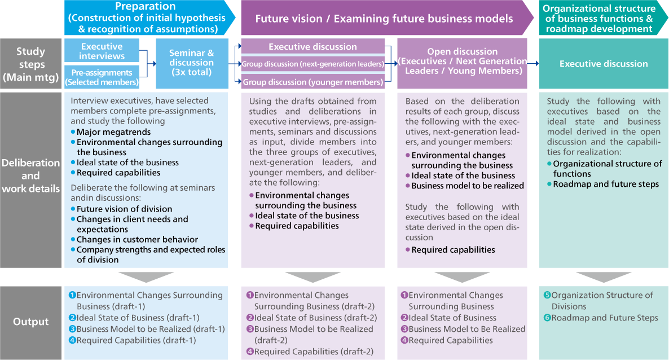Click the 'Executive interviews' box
pyautogui.click(x=102, y=51)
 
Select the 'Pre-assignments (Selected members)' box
pyautogui.click(x=102, y=77)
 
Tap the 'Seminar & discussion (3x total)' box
pyautogui.click(x=192, y=63)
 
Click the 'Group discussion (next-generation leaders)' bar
pyautogui.click(x=313, y=64)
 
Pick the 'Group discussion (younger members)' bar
pyautogui.click(x=313, y=82)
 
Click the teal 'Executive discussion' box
pyautogui.click(x=604, y=64)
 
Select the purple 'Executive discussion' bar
pyautogui.click(x=313, y=47)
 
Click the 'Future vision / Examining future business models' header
pyautogui.click(x=384, y=19)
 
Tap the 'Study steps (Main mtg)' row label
pyautogui.click(x=31, y=64)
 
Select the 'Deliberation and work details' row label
pyautogui.click(x=31, y=175)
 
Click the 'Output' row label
pyautogui.click(x=31, y=322)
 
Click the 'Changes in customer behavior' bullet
pyautogui.click(x=137, y=239)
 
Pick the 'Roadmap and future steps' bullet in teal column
pyautogui.click(x=605, y=184)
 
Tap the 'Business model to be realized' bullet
pyautogui.click(x=467, y=186)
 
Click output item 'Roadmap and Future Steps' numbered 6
pyautogui.click(x=604, y=318)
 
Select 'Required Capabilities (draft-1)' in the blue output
pyautogui.click(x=136, y=340)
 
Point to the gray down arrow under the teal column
pyautogui.click(x=604, y=277)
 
